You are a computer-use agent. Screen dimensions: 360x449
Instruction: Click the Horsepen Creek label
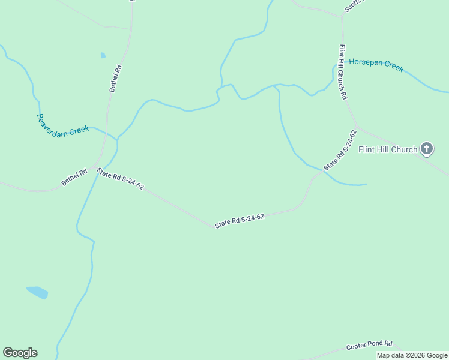pos(376,65)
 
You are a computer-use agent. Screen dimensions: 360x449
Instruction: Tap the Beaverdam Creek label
pos(62,124)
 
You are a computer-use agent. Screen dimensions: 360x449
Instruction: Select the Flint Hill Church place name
pos(387,149)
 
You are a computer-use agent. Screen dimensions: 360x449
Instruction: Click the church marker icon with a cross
pos(426,148)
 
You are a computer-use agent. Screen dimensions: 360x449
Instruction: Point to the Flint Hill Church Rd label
pos(343,72)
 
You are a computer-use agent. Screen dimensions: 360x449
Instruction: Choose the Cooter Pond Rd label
pos(369,346)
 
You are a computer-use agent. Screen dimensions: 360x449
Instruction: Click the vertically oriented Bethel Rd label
pos(116,78)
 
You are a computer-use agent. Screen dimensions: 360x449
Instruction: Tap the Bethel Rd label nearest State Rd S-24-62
pos(74,177)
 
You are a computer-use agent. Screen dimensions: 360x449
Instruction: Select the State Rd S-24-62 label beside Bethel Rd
pos(120,178)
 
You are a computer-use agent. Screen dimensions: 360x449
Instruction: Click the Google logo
pos(20,353)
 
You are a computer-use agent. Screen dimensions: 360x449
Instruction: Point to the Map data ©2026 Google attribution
pos(412,355)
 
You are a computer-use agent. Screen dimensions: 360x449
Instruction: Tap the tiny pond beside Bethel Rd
pos(103,55)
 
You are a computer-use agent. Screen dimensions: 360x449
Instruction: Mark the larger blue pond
pos(37,292)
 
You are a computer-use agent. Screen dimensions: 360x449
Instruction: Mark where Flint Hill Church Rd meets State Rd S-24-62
pos(357,128)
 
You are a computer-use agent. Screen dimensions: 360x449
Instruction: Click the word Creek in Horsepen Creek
pos(393,67)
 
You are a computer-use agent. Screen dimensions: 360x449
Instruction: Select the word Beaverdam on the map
pos(50,123)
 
